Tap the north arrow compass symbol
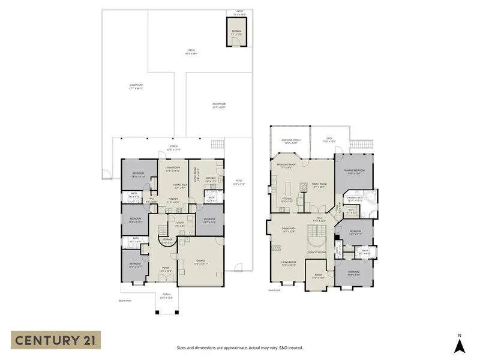point(459,344)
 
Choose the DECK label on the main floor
point(329,140)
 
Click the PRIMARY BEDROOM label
point(354,172)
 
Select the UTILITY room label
point(179,224)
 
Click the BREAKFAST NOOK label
point(287,164)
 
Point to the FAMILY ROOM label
point(318,185)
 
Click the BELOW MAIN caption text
point(125,300)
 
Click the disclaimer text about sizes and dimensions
point(240,347)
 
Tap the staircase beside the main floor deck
point(360,145)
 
